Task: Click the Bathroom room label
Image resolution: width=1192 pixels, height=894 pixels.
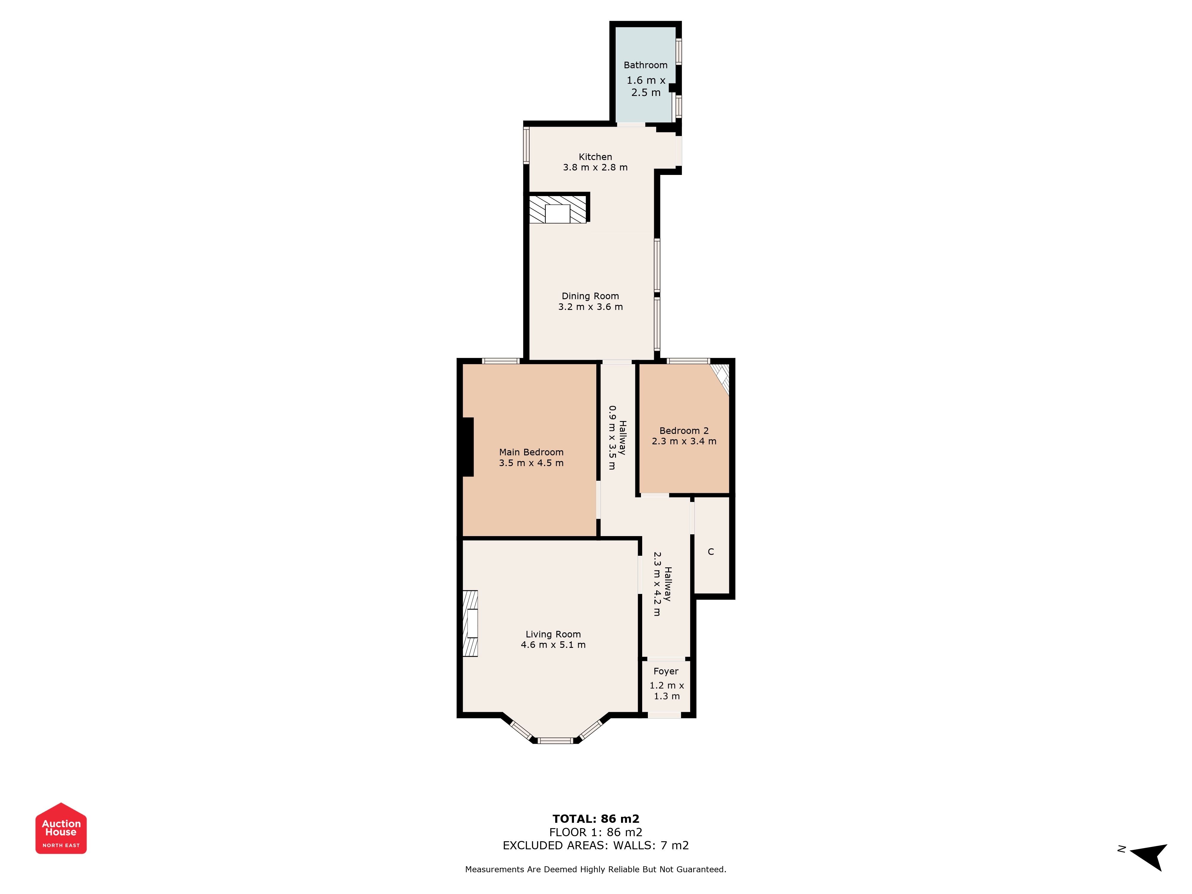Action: point(645,65)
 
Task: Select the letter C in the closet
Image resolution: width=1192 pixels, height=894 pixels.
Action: point(711,552)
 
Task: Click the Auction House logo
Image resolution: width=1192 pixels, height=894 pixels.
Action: point(61,828)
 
